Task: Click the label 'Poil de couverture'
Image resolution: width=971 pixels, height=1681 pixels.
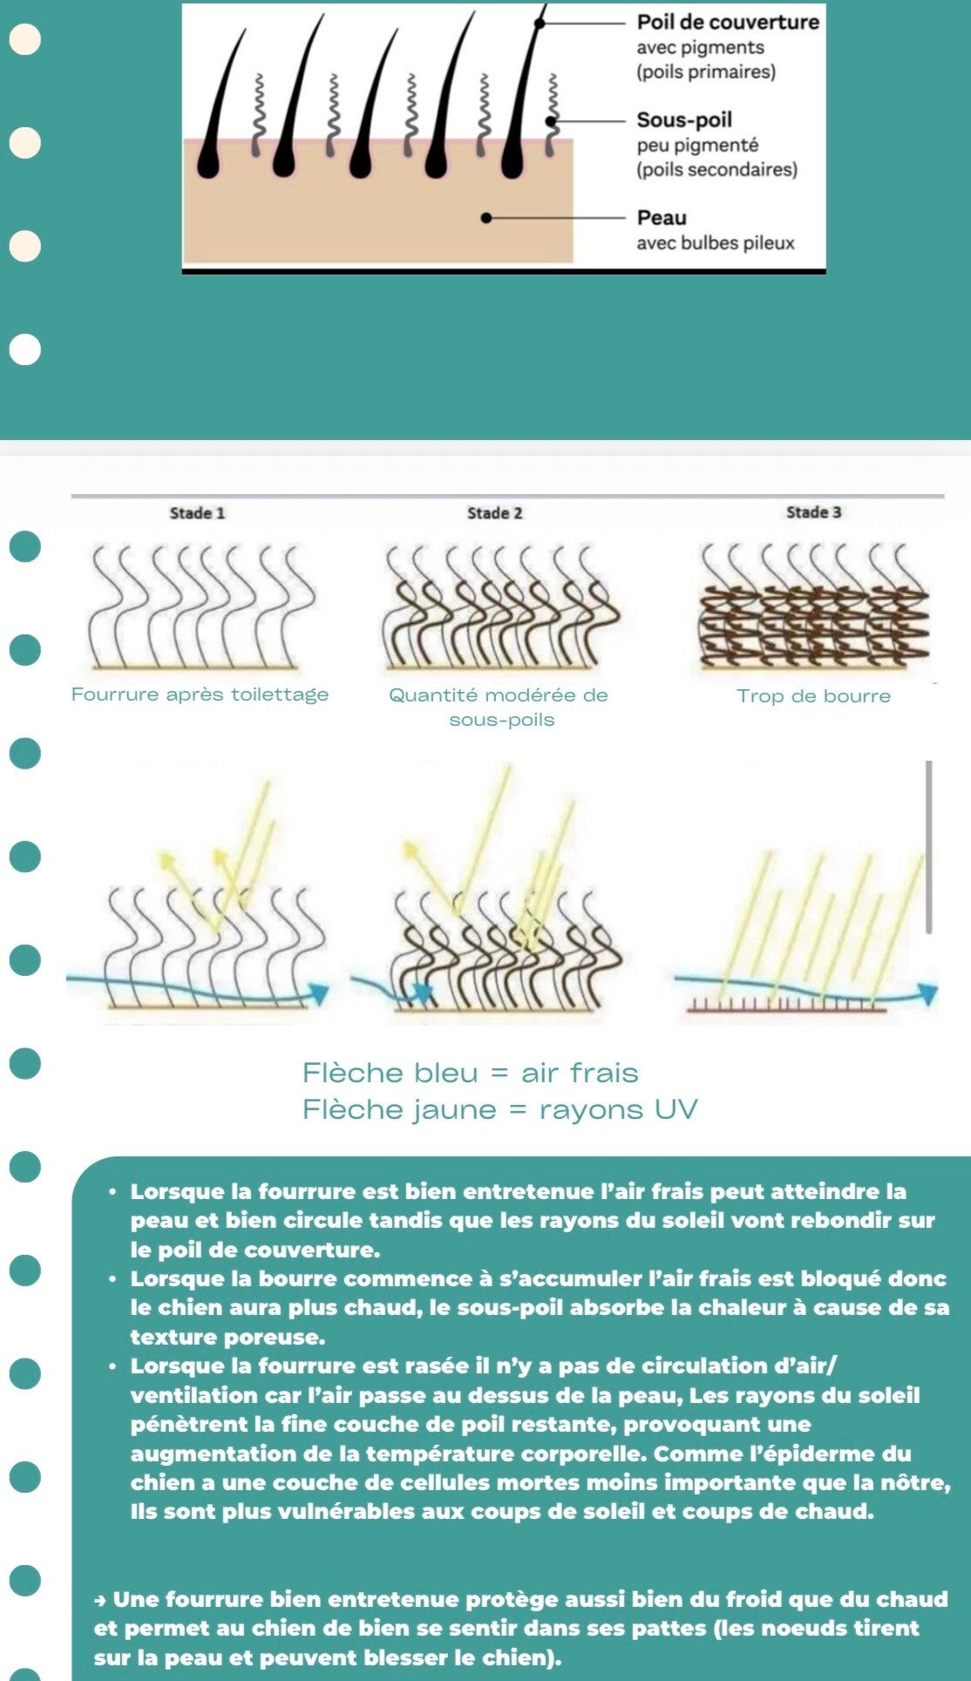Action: [x=728, y=22]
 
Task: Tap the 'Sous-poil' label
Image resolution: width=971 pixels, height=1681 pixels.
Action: [x=684, y=119]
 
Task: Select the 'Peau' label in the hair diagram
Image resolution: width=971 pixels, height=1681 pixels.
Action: [x=662, y=217]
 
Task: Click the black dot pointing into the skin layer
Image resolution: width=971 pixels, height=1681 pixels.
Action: [x=486, y=217]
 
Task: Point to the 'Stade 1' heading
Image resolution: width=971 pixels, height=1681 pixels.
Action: [x=197, y=512]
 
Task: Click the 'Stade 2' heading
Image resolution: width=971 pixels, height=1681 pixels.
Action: [x=494, y=512]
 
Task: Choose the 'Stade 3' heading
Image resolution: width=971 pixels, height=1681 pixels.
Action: [x=813, y=512]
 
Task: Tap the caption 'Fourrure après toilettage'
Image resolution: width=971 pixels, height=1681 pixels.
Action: [x=200, y=695]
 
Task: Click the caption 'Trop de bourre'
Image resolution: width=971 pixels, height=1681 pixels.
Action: [x=813, y=695]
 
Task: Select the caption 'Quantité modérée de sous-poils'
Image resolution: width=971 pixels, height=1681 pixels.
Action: [x=499, y=707]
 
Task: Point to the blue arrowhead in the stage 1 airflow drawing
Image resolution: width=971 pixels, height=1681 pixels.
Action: [x=320, y=993]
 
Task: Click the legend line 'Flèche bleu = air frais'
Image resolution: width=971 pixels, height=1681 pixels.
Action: [x=470, y=1073]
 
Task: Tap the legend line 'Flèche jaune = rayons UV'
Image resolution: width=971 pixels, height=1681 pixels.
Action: [x=499, y=1109]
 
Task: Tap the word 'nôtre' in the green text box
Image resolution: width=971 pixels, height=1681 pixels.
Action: [x=918, y=1482]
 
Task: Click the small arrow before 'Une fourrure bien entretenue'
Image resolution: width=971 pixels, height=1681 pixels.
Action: [x=101, y=1600]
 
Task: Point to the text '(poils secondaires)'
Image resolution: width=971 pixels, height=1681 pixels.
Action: [x=716, y=169]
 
